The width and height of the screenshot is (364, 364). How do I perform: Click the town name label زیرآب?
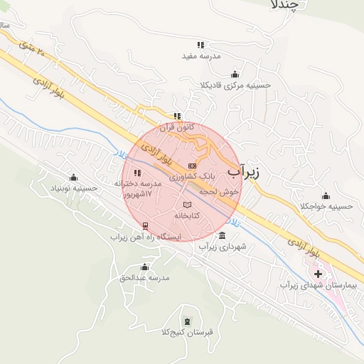click(245, 171)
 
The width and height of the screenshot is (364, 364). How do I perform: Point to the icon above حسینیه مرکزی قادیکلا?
click(235, 75)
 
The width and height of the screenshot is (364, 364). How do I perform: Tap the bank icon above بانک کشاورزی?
click(192, 165)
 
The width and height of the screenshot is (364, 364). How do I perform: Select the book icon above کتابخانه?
click(188, 204)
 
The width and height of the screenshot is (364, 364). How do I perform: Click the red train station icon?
click(146, 225)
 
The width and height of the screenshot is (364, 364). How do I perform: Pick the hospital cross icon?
click(318, 274)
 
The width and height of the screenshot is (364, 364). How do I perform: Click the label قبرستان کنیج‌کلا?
click(188, 331)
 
